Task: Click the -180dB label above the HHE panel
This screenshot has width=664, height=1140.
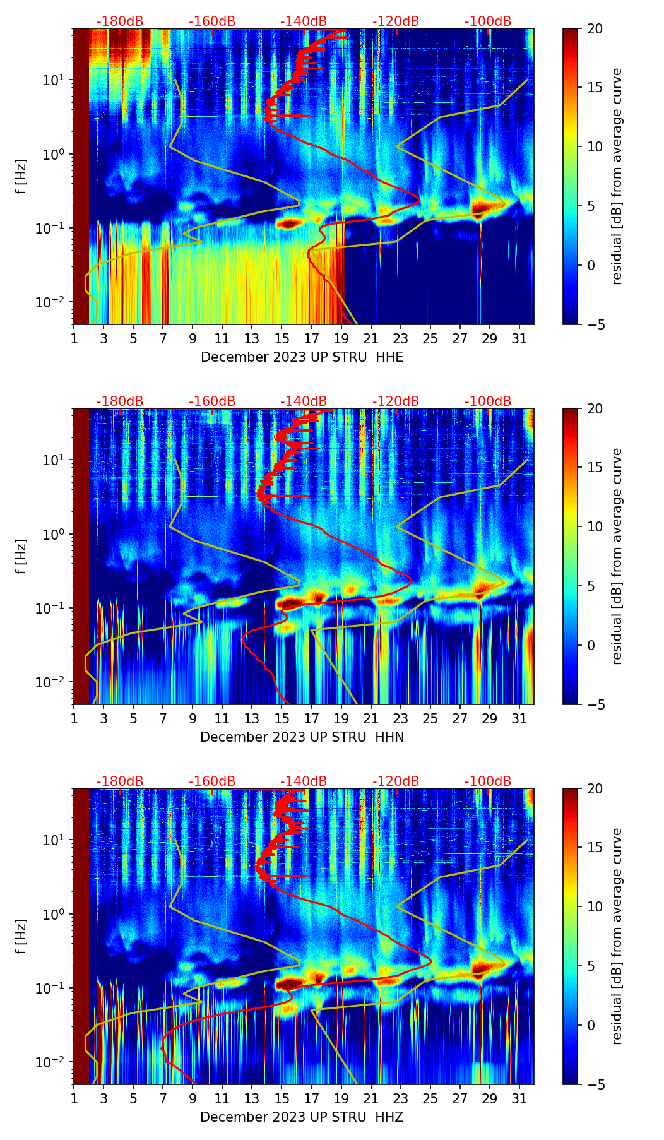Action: (x=120, y=21)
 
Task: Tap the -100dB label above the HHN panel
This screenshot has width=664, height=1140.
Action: (x=488, y=401)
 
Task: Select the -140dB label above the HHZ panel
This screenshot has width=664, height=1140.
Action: (x=304, y=781)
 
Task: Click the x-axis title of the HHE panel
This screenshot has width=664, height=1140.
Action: (x=302, y=357)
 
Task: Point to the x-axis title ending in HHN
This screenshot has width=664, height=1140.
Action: (x=302, y=737)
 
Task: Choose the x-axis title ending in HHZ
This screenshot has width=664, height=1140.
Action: (x=302, y=1117)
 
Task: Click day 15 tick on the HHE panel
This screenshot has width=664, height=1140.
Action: (x=282, y=338)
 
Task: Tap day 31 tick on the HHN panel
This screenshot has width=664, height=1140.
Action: (x=519, y=718)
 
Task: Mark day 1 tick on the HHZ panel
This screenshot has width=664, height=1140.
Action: (x=74, y=1098)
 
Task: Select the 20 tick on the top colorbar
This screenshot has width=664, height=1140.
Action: (x=595, y=28)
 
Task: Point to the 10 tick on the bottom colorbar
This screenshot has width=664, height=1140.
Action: (x=595, y=907)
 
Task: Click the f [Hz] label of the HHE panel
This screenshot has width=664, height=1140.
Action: (x=21, y=176)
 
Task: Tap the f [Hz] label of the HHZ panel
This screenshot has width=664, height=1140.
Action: (x=21, y=936)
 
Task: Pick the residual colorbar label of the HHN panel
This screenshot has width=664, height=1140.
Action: (x=617, y=556)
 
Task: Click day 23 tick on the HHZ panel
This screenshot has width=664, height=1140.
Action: (x=401, y=1098)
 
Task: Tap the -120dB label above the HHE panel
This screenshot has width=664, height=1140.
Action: (x=396, y=21)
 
